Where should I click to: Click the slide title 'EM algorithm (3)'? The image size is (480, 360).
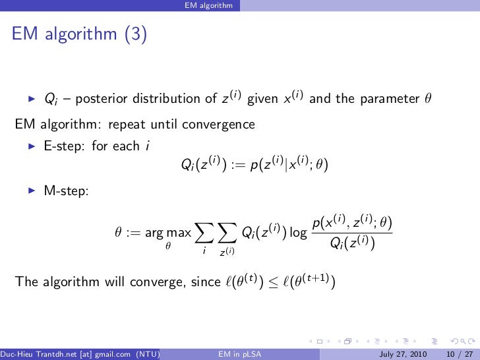point(78,34)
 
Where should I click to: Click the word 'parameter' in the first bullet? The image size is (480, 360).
point(389,100)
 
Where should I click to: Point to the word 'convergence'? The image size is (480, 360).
point(222,123)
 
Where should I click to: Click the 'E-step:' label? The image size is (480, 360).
point(65,146)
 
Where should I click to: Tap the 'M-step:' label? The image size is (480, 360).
point(67,191)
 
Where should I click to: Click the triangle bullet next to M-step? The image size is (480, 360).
point(30,191)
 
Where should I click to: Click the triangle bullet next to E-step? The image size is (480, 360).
point(30,146)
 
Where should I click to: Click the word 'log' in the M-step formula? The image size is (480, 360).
point(299,232)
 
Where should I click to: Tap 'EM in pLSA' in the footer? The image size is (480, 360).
point(237,354)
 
